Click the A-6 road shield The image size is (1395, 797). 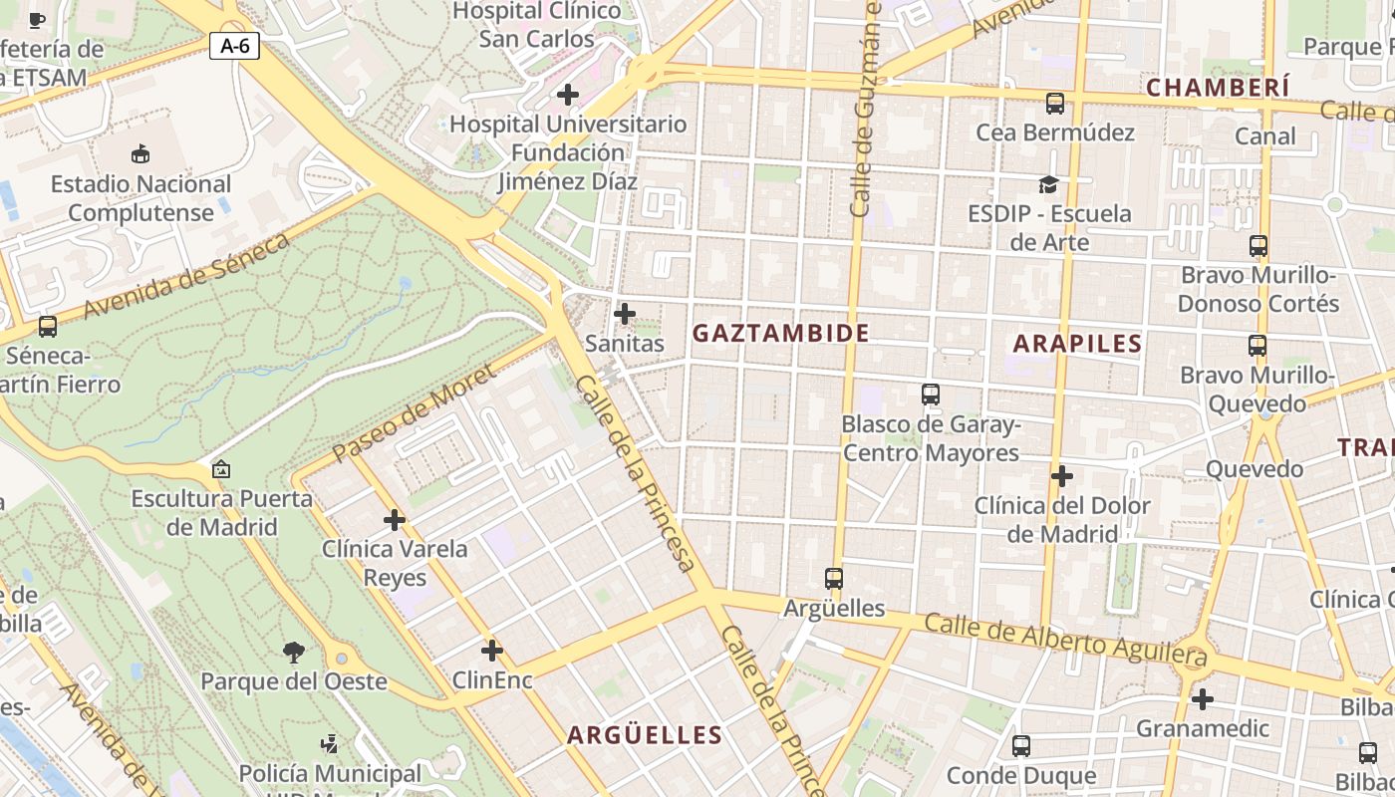pyautogui.click(x=234, y=45)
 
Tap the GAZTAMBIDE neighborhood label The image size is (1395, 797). pyautogui.click(x=780, y=333)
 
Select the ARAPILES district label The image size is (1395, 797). pyautogui.click(x=1077, y=344)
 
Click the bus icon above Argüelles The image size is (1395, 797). pyautogui.click(x=834, y=578)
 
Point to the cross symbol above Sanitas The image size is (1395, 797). pyautogui.click(x=625, y=315)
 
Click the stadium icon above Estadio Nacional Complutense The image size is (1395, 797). pyautogui.click(x=140, y=154)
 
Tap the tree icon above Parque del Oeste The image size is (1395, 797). pyautogui.click(x=293, y=653)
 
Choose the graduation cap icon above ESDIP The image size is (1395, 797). pyautogui.click(x=1048, y=184)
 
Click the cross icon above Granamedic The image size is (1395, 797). pyautogui.click(x=1203, y=699)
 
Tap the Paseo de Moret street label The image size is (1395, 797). pyautogui.click(x=413, y=413)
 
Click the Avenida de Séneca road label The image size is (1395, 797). pyautogui.click(x=186, y=275)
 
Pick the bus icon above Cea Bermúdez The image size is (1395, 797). pyautogui.click(x=1054, y=104)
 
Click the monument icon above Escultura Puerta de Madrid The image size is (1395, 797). pyautogui.click(x=221, y=469)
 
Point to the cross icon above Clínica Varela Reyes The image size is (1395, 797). pyautogui.click(x=395, y=520)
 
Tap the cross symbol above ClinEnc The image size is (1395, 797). pyautogui.click(x=491, y=652)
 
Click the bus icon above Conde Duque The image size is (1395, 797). pyautogui.click(x=1020, y=746)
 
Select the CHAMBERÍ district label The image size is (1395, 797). pyautogui.click(x=1218, y=88)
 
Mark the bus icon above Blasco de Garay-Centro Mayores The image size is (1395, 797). pyautogui.click(x=930, y=395)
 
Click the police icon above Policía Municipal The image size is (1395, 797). pyautogui.click(x=329, y=744)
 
